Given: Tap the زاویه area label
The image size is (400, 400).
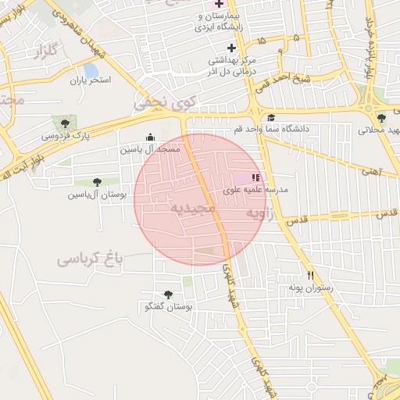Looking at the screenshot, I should point(260,212).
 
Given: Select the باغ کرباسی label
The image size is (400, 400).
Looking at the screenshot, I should point(91,257).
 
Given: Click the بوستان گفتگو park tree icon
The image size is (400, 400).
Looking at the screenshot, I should point(168,295).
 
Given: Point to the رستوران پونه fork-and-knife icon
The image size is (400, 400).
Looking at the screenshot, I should point(311,275).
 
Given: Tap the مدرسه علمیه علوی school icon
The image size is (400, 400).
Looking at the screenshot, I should point(256,178).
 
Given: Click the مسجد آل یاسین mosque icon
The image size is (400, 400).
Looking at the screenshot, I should point(151,137).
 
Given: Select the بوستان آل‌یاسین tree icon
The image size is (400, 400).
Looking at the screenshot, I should point(97,182).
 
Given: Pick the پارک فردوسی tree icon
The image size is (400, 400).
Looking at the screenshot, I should point(65,123).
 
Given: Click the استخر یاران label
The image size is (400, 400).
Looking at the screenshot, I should point(91,80).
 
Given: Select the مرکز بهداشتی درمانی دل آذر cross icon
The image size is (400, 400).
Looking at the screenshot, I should point(231,48).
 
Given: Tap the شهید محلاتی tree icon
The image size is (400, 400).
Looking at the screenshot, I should point(381,118).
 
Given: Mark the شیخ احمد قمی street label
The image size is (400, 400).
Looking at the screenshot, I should point(307,79).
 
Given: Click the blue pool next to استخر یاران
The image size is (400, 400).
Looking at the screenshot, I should point(91,71).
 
